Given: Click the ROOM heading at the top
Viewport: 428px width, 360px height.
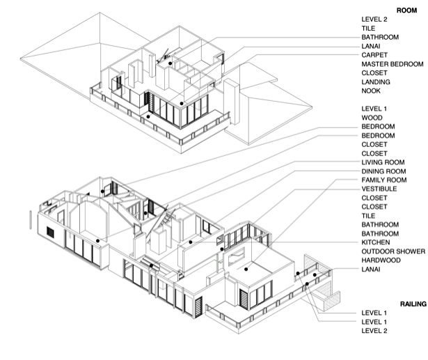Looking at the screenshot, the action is (x=406, y=10).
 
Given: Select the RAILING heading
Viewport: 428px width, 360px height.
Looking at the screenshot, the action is (x=413, y=304).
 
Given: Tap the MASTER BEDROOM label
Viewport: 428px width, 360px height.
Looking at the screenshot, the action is (x=393, y=64).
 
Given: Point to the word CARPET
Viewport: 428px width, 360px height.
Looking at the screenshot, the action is (x=374, y=55).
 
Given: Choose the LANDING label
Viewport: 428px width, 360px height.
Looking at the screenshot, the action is (x=376, y=82).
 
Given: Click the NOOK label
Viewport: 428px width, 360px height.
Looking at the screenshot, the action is (x=371, y=91).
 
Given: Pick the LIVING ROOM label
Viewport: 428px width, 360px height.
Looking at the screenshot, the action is (x=383, y=162).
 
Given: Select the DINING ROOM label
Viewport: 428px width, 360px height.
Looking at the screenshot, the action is (x=383, y=171).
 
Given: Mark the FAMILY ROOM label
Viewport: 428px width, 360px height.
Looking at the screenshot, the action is (x=384, y=180).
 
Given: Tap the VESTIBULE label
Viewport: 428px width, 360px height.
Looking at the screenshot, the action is (x=379, y=189).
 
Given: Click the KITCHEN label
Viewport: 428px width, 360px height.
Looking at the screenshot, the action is (x=376, y=242).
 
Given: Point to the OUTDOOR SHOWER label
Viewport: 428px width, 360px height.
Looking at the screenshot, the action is (x=393, y=251).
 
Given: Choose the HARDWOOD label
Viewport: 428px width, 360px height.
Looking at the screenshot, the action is (x=381, y=260).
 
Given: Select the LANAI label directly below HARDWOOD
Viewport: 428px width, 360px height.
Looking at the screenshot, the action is (x=371, y=269).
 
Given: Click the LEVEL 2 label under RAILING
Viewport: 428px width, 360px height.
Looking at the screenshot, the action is (x=374, y=331).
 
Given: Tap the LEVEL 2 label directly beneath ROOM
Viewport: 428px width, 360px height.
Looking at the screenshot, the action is (x=374, y=19).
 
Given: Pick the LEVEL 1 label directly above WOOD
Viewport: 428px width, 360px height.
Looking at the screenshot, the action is (x=374, y=109).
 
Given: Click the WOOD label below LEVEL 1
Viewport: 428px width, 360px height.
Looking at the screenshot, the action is (x=372, y=118).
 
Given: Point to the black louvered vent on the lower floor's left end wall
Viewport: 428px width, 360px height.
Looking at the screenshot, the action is (x=51, y=233).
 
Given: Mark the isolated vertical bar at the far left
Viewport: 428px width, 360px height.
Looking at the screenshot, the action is (x=31, y=220).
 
